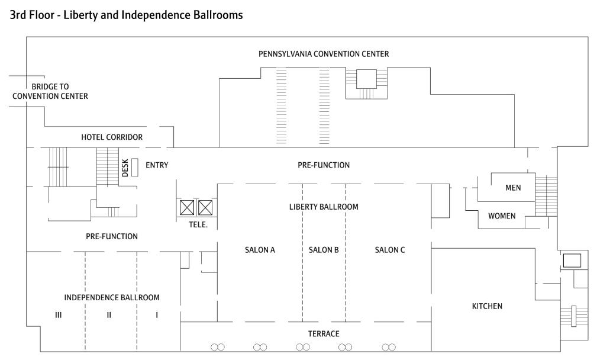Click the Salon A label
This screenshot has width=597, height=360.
point(260,250)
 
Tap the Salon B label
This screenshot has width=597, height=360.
point(324,250)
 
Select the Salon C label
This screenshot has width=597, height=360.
point(390,250)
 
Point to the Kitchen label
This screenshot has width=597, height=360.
point(487,306)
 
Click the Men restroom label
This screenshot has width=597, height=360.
point(513,188)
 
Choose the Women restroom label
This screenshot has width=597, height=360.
point(501,216)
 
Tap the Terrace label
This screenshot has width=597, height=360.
point(323,334)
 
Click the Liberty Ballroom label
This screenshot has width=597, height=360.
point(324,207)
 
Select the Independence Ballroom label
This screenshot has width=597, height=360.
point(112,297)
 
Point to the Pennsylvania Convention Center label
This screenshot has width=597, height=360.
point(324,54)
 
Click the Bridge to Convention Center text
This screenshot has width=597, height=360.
point(50,91)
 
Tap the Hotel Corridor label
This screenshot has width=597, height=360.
point(112,137)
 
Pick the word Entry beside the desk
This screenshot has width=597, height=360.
point(157,165)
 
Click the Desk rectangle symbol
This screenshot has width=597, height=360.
point(135,167)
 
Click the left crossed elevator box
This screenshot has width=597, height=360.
point(187,208)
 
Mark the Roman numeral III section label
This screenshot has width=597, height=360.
point(58,315)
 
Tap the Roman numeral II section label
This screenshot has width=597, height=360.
point(109,315)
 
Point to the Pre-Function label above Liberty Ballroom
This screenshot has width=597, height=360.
point(324,165)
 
